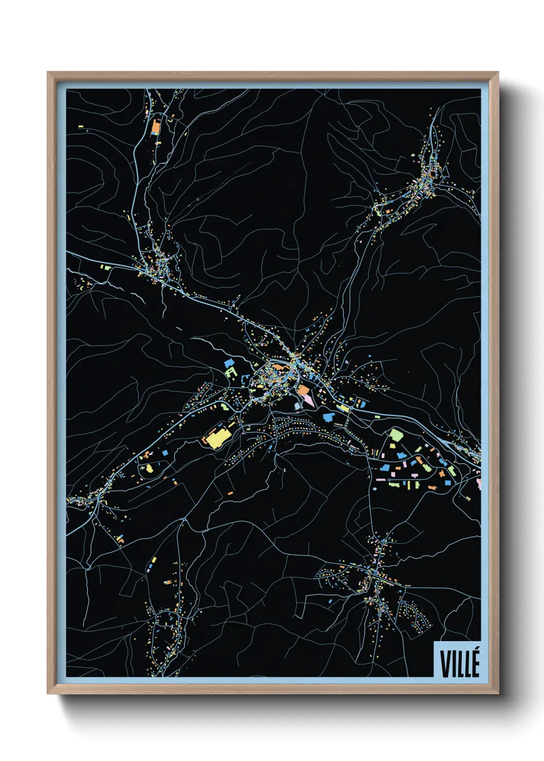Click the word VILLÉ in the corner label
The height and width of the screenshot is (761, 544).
(x=460, y=663)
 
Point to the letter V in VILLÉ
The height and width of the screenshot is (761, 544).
(x=444, y=664)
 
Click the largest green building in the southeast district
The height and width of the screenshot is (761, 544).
(x=395, y=435)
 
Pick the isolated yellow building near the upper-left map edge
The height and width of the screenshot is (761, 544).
(x=81, y=126)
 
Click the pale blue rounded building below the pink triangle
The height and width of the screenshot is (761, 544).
(x=297, y=406)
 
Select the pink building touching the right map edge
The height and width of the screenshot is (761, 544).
(x=478, y=484)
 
